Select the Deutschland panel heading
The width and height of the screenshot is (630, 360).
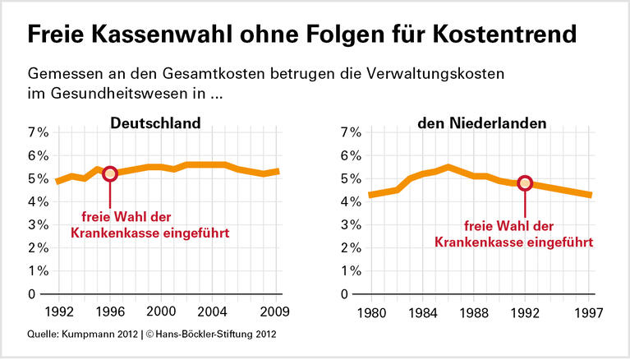tap(156, 124)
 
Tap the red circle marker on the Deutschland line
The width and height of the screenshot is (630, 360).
tap(110, 173)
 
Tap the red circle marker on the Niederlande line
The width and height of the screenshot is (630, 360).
tap(526, 183)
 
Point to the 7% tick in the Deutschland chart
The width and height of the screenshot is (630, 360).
tap(39, 132)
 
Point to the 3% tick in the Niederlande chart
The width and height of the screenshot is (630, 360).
tap(351, 224)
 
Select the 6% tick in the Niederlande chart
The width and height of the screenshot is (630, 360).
tap(351, 155)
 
